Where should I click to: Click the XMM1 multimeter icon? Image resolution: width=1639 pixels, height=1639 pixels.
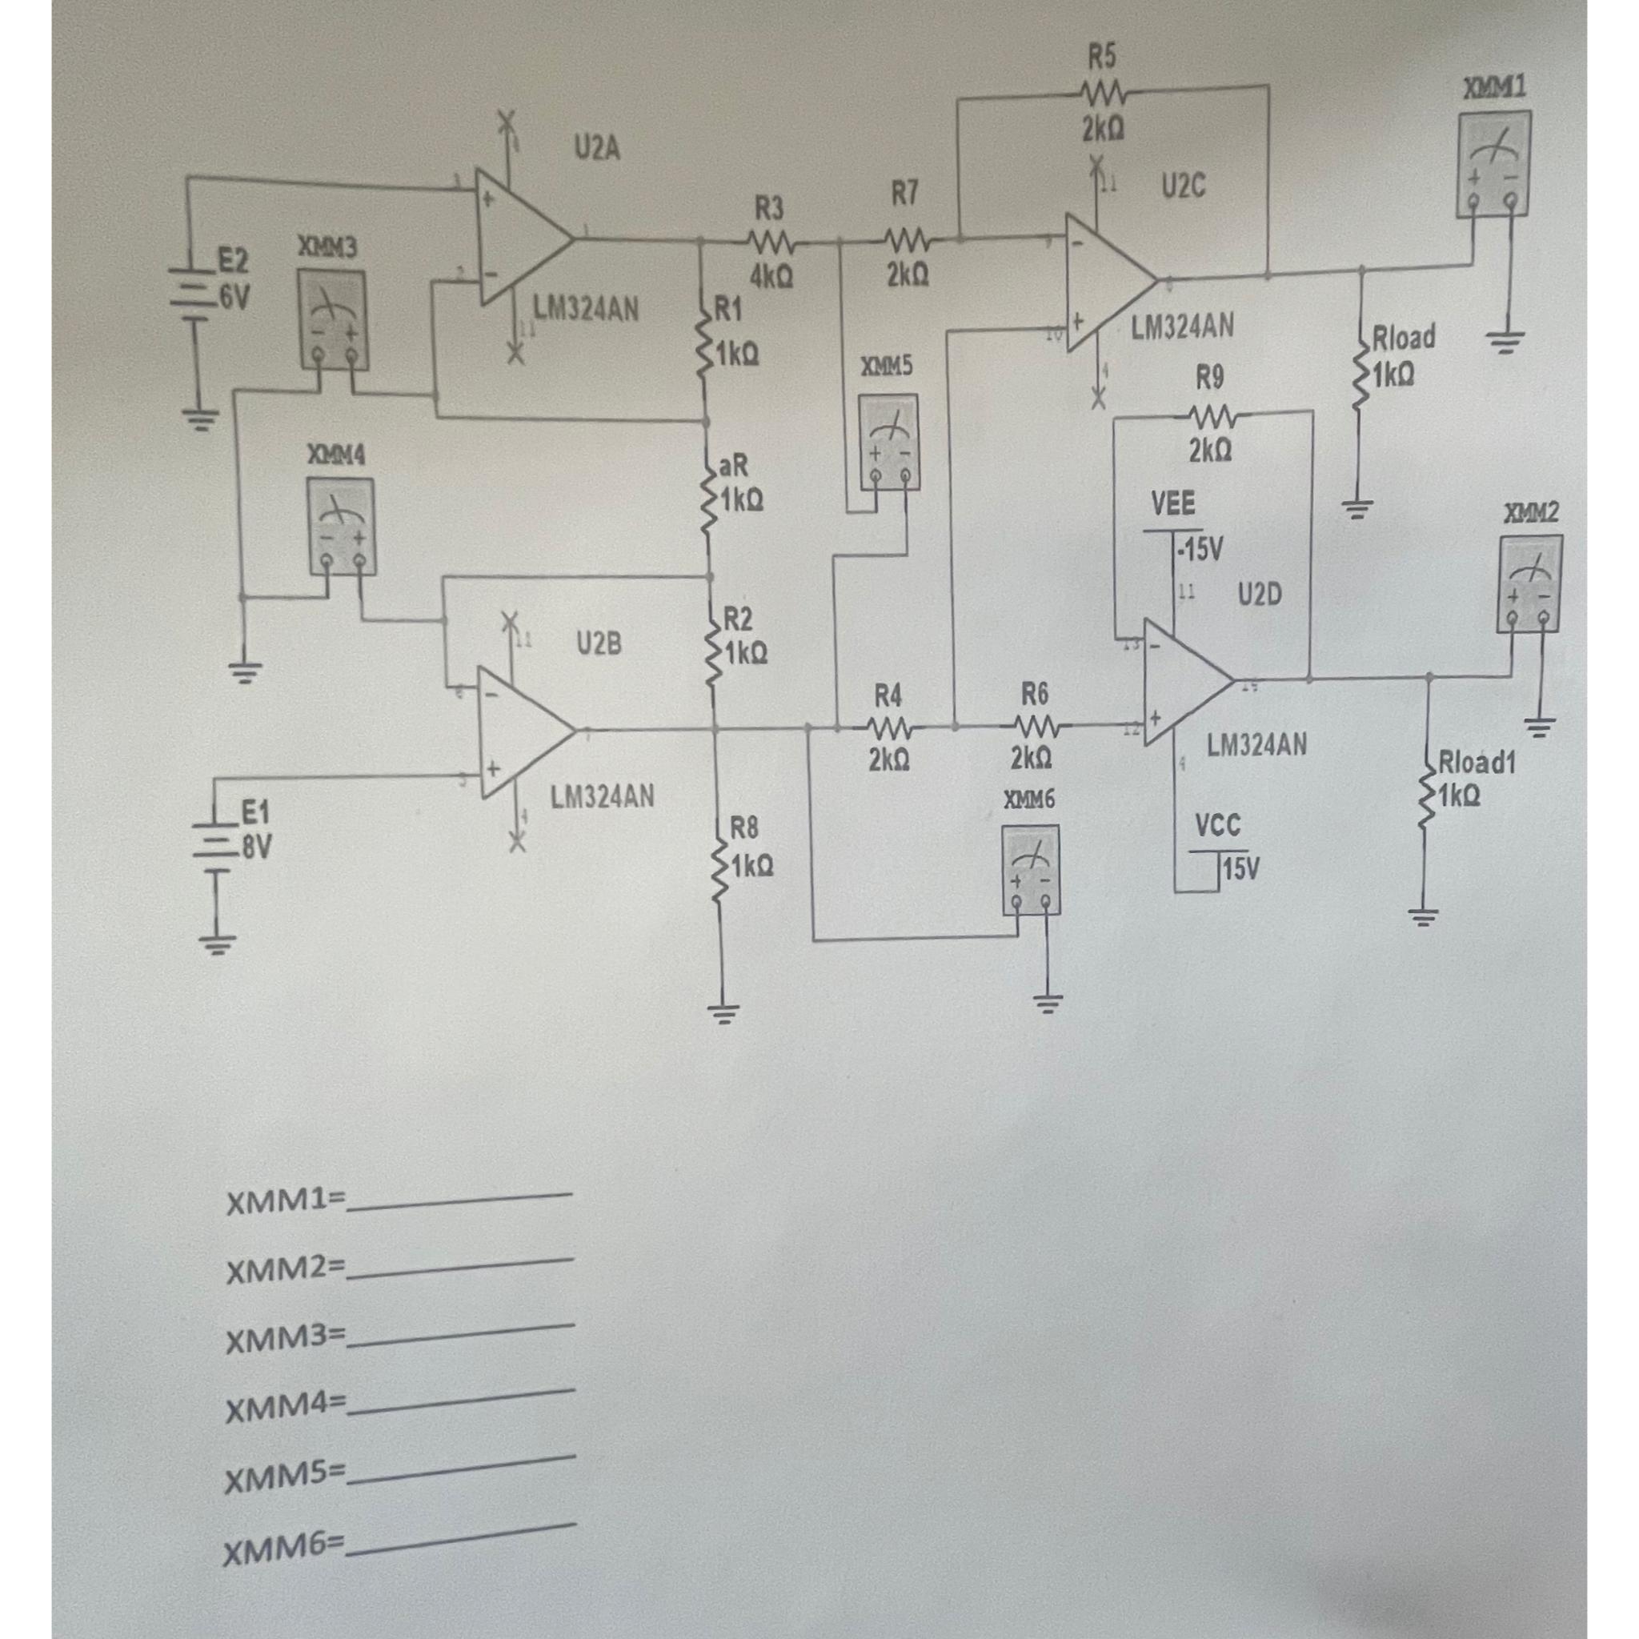tap(1493, 164)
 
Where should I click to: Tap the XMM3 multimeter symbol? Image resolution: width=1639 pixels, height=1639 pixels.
tap(334, 320)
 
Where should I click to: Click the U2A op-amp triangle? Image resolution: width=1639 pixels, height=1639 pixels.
tap(519, 238)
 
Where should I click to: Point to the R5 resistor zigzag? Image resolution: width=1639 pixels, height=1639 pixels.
tap(1102, 90)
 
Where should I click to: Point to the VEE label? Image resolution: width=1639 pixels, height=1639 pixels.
tap(1173, 505)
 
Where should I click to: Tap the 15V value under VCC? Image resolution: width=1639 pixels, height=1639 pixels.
tap(1241, 868)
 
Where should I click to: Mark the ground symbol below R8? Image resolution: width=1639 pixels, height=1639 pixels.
tap(723, 1012)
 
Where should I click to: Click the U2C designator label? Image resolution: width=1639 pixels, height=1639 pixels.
tap(1183, 186)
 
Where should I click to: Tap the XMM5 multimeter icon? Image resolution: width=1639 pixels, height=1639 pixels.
tap(888, 441)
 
